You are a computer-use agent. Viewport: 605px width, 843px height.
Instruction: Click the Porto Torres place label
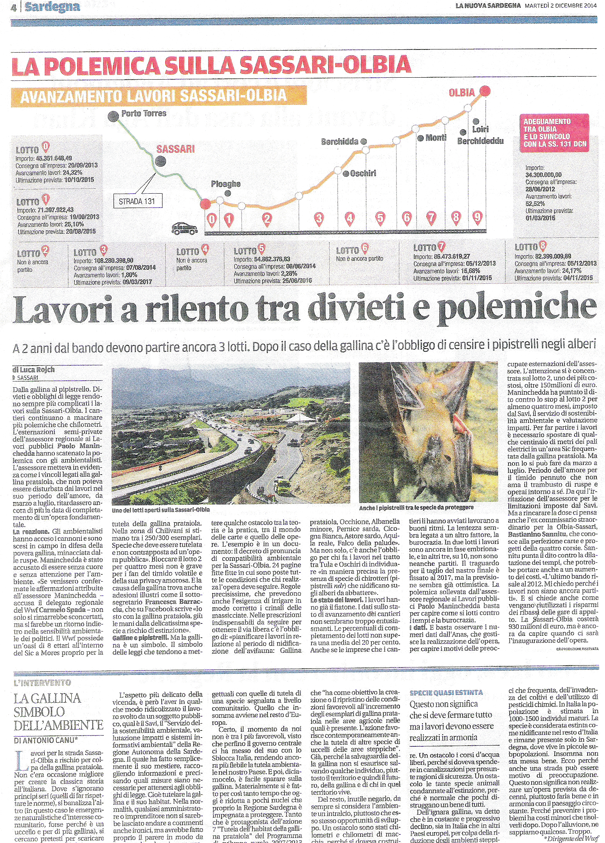143,114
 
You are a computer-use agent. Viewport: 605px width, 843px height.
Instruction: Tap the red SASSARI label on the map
175,149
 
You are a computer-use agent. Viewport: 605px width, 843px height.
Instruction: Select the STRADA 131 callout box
137,201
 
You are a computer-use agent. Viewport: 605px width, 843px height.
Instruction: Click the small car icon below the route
185,228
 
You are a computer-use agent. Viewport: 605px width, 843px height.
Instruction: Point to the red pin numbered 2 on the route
267,219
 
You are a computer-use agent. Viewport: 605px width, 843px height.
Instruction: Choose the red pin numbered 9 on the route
478,217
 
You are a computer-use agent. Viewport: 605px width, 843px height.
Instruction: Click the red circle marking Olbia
485,91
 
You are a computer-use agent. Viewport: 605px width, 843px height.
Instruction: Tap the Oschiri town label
363,173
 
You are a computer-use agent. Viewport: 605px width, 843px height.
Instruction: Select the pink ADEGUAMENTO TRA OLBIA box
554,133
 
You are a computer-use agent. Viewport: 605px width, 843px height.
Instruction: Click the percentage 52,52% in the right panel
535,204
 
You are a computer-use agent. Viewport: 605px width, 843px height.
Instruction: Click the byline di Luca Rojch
34,370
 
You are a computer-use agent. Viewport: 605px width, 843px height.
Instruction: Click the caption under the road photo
161,510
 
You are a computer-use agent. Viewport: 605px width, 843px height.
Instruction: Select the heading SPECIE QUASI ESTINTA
446,692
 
